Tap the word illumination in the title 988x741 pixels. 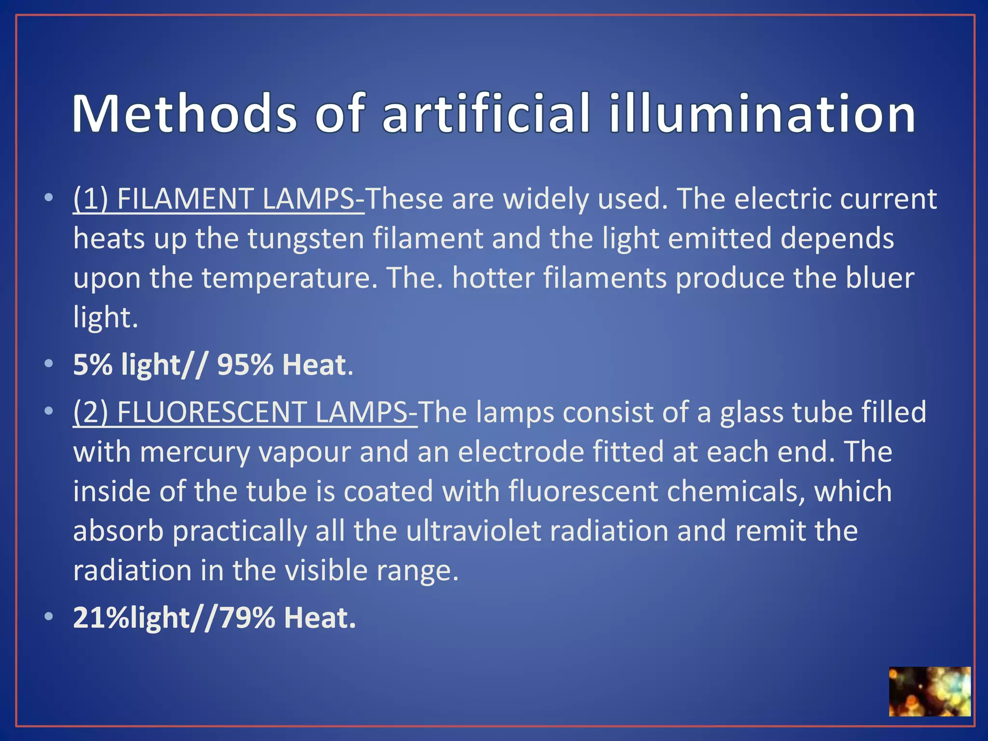coord(762,114)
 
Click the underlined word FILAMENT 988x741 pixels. coord(186,199)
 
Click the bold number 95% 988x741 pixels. coord(246,365)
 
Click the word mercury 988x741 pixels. coord(195,452)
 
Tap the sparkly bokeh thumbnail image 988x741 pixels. coord(929,691)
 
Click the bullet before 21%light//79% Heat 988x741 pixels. coord(48,617)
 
